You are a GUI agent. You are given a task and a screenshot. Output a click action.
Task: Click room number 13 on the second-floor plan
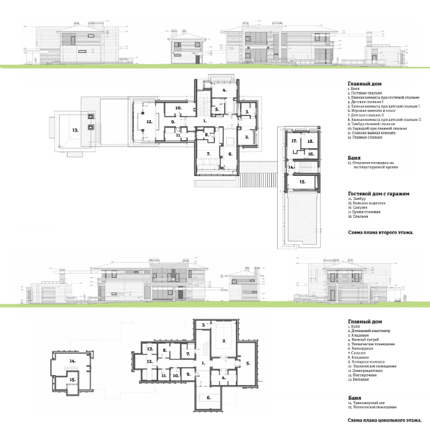[75, 130]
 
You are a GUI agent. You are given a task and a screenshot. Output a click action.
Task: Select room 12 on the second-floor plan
[150, 122]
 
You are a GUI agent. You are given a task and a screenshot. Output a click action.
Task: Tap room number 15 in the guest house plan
[302, 181]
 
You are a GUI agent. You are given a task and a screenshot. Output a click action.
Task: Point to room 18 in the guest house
[311, 141]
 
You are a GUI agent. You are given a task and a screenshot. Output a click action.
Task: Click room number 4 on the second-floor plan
[224, 89]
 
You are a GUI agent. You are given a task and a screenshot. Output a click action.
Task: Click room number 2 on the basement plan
[224, 340]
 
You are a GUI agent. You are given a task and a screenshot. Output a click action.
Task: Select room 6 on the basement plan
[209, 398]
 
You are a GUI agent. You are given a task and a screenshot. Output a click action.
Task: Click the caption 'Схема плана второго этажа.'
[380, 233]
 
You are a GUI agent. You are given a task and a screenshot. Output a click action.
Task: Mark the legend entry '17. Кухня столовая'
[366, 212]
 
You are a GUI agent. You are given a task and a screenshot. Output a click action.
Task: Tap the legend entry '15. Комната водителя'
[368, 202]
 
